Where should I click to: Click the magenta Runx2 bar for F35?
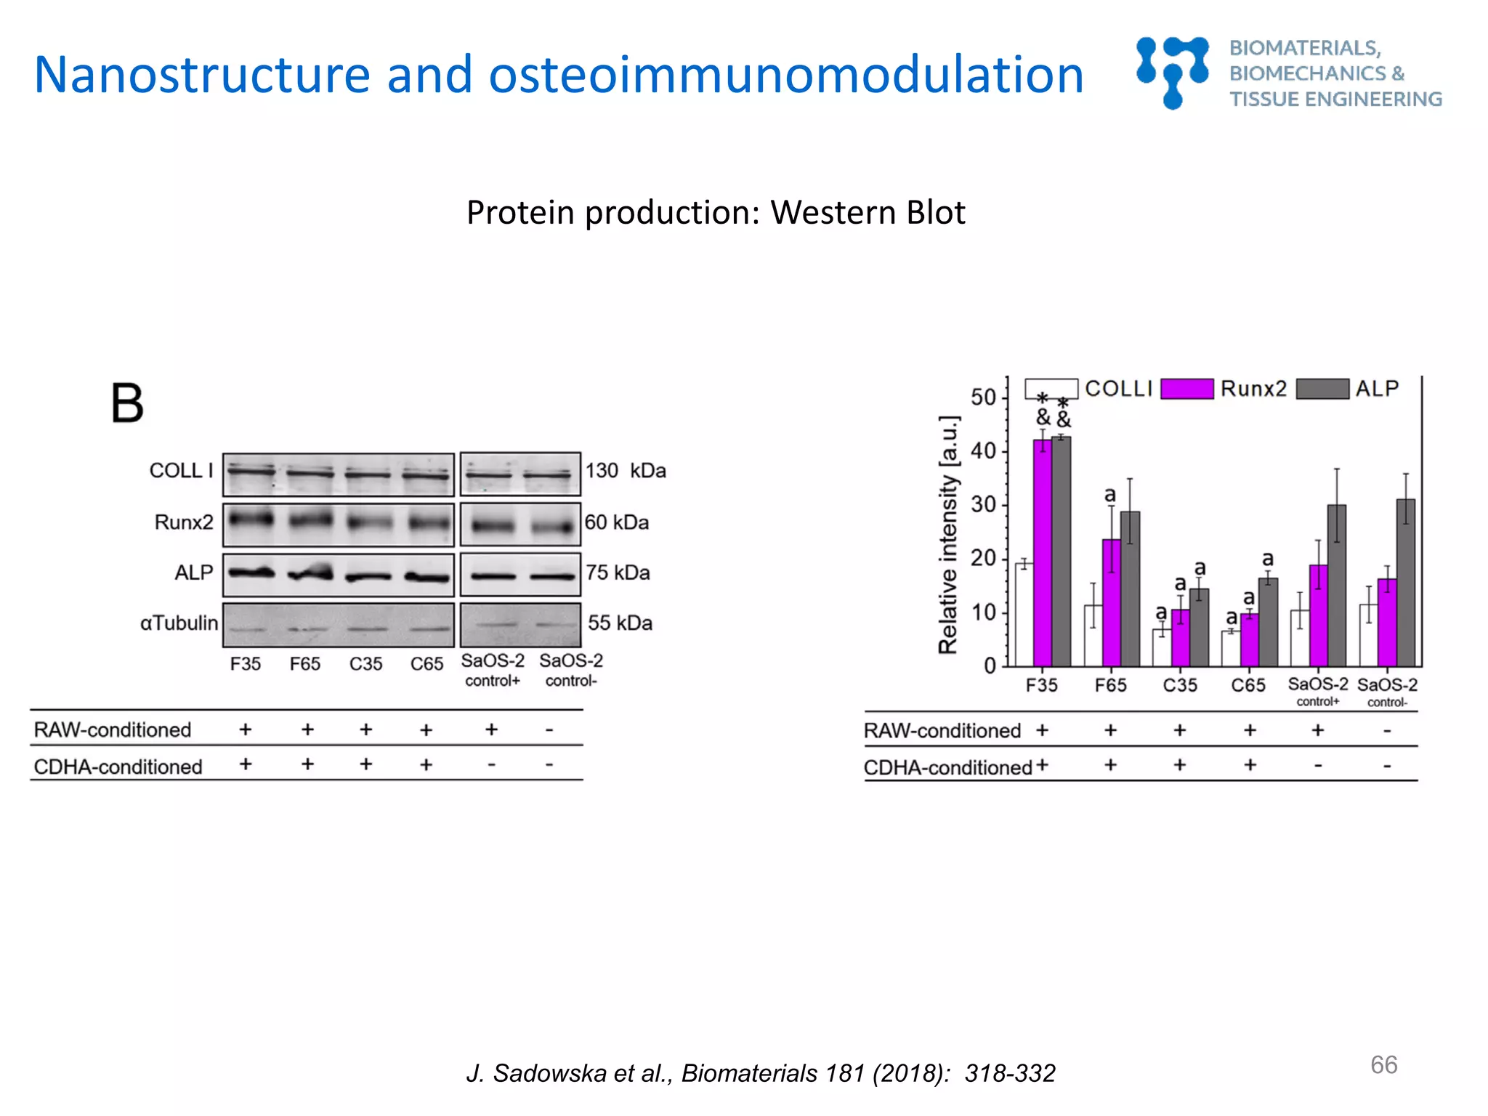click(x=1042, y=552)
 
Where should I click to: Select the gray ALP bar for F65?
click(x=1130, y=589)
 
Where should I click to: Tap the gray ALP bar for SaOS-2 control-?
click(x=1405, y=581)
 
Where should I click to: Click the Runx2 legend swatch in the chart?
click(x=1186, y=389)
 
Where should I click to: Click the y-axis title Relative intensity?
click(x=948, y=535)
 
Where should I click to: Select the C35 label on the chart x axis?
click(x=1179, y=685)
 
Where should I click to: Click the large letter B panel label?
click(x=127, y=403)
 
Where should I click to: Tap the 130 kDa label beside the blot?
click(x=626, y=471)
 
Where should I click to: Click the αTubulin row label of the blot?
click(x=179, y=623)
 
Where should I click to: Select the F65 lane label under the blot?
click(x=304, y=664)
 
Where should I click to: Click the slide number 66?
click(x=1383, y=1064)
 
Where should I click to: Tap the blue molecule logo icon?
click(x=1172, y=73)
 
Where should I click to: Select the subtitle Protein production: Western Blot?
click(x=716, y=213)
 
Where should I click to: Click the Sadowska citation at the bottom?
click(x=760, y=1073)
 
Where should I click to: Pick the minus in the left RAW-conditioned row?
click(x=549, y=729)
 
